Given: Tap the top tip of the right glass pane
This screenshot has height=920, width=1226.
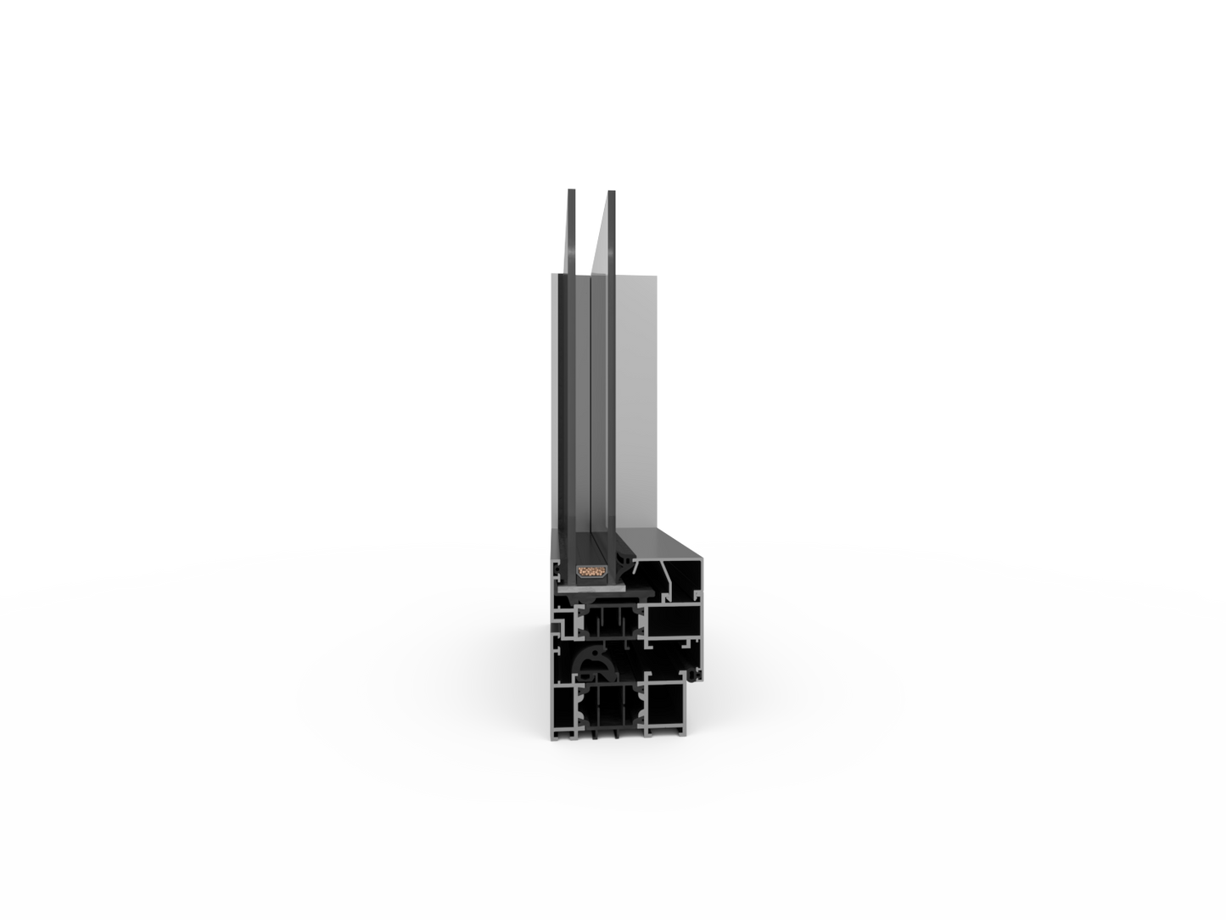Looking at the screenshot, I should pos(611,192).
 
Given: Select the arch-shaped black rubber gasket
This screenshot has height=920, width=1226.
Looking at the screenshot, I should pos(589,660).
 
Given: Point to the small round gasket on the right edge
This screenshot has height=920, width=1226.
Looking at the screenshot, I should pos(692,676).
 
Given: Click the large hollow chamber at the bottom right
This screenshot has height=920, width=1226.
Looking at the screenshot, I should pos(666,704).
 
